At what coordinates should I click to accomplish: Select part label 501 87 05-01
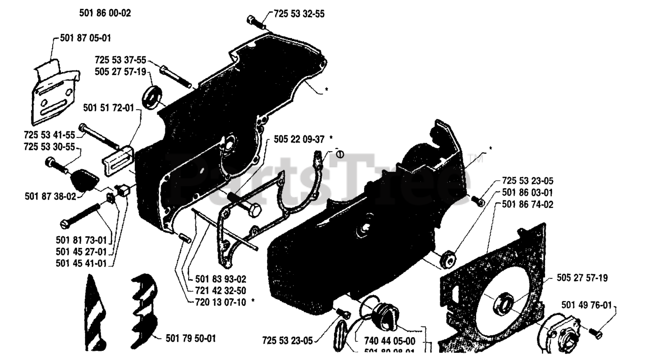[83, 38]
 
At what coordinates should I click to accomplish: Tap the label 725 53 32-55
[299, 14]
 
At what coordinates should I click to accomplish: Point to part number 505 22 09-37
[299, 138]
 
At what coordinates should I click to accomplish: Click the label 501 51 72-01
[109, 107]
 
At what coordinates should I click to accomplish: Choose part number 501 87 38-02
[50, 195]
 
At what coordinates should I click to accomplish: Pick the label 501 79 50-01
[190, 338]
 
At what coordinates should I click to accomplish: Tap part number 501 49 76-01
[587, 305]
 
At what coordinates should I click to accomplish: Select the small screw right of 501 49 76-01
[595, 332]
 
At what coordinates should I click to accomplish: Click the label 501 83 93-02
[221, 279]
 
